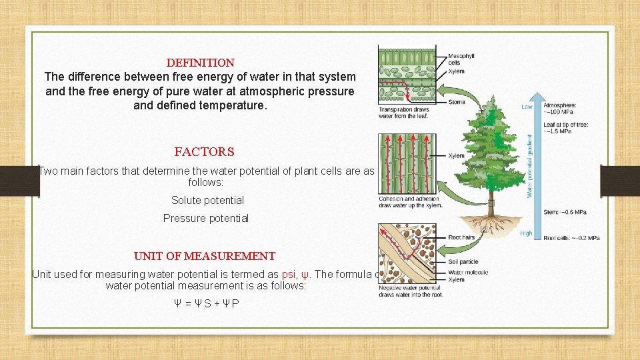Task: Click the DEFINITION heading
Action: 200,63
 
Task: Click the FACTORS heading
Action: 204,152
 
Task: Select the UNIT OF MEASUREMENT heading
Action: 204,256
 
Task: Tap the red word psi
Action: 289,274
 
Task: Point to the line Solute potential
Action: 207,200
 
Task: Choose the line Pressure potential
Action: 205,218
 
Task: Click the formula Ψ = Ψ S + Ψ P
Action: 206,303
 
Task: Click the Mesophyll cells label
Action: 460,59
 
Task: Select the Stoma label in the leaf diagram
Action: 456,102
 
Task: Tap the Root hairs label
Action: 461,237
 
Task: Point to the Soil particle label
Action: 463,262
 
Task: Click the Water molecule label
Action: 468,273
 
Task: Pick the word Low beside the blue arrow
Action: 527,107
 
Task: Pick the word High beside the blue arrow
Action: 526,233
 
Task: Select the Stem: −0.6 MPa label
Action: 565,212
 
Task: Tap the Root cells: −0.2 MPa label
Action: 571,238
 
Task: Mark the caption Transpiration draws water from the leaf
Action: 403,113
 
